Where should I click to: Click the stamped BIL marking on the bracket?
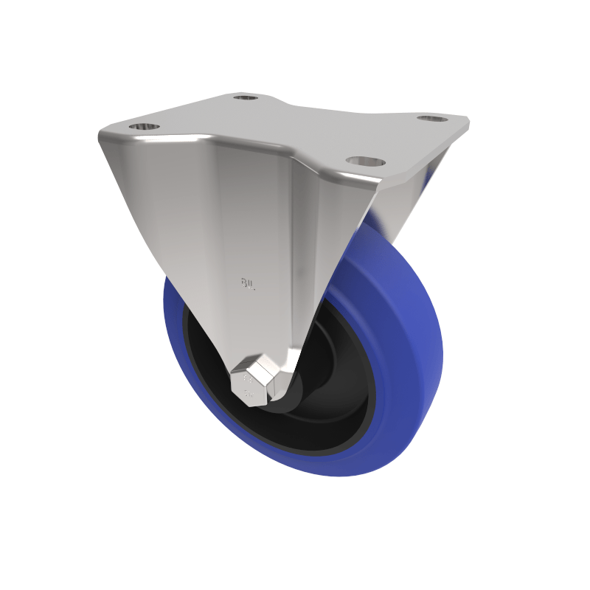tap(248, 282)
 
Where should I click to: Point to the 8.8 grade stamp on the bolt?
tap(247, 381)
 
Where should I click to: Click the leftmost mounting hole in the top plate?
tap(145, 126)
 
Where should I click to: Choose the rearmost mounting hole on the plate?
tap(246, 97)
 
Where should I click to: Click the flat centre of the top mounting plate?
tap(295, 125)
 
